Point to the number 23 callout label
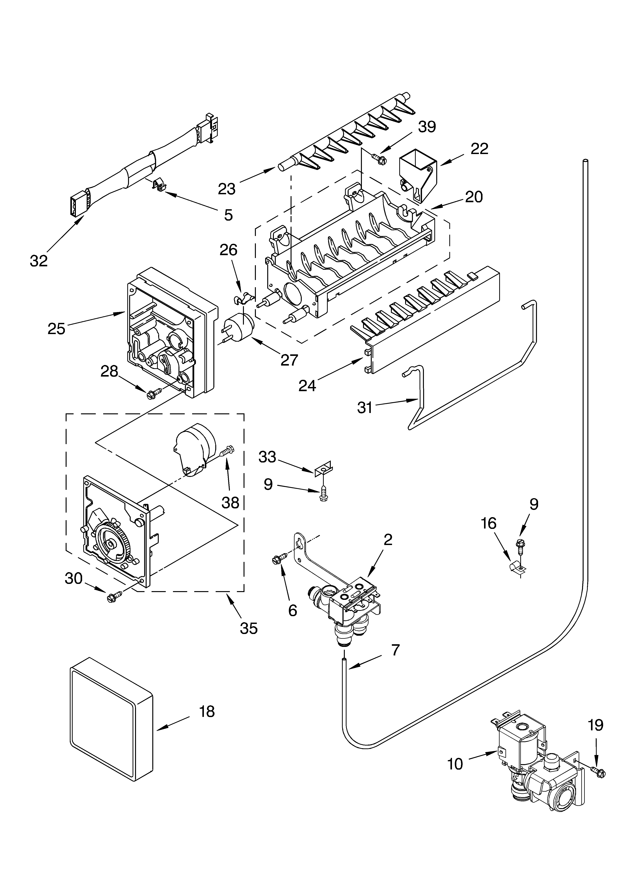tap(227, 189)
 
